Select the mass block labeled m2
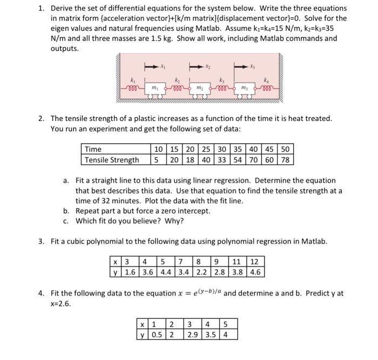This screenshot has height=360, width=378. click(x=199, y=88)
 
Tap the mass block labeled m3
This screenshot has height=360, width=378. click(x=244, y=88)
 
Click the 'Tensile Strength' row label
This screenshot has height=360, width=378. click(x=110, y=159)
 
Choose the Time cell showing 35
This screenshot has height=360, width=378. click(x=238, y=149)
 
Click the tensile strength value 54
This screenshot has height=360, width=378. click(x=238, y=159)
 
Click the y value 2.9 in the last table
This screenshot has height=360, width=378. click(x=193, y=334)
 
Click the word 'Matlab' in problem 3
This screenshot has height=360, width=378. click(x=313, y=241)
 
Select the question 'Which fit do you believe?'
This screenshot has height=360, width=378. click(x=130, y=221)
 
